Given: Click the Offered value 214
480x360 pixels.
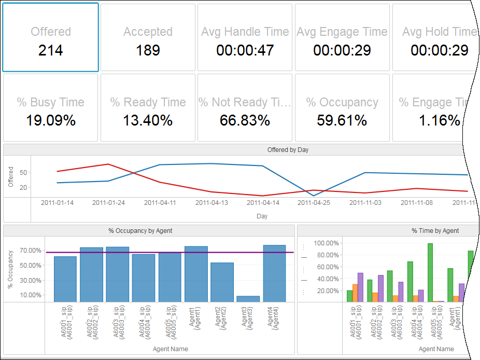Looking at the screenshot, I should [50, 50].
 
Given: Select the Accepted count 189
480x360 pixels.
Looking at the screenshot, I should [148, 50].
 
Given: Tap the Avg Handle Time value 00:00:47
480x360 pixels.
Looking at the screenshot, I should [245, 50].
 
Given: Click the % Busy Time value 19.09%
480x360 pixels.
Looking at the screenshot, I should [50, 121].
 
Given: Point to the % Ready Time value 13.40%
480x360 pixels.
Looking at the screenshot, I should [148, 121].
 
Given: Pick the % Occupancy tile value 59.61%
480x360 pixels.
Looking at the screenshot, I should [342, 121].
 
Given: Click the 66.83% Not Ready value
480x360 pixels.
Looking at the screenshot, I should [245, 121].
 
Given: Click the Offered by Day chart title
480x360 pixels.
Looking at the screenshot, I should [288, 150].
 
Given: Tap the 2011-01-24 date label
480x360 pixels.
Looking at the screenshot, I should [109, 203].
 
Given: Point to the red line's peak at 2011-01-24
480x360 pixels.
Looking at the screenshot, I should [108, 164].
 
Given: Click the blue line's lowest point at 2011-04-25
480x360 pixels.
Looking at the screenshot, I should [314, 196].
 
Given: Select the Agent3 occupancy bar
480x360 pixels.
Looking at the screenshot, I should [248, 299].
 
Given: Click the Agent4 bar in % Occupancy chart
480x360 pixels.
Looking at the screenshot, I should [274, 273].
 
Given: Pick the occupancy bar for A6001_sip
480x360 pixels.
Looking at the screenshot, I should [65, 279].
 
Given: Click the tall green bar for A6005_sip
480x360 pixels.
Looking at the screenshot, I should [430, 272].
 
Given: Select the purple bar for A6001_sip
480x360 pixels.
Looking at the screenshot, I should [360, 287].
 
